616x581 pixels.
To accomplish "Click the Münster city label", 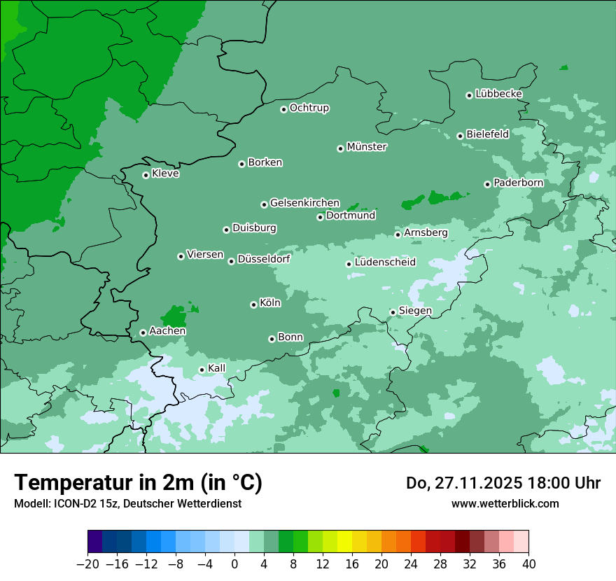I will [367, 147].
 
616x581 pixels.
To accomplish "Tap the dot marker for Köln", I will [253, 304].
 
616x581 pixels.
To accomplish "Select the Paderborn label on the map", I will [518, 183].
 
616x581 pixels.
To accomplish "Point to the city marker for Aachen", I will [143, 332].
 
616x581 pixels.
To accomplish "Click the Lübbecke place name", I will [498, 94].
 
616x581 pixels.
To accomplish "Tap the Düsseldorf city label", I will [264, 259].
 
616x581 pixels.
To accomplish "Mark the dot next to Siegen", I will [393, 312].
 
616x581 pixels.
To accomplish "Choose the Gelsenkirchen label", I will [304, 203].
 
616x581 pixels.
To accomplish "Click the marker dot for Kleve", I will [146, 175].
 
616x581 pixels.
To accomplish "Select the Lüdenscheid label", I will [385, 262].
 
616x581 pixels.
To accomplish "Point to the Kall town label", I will [217, 368].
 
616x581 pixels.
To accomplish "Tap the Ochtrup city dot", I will [283, 109].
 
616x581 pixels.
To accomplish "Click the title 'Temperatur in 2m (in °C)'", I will [138, 483].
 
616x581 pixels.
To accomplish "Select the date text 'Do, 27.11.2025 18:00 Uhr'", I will [503, 483].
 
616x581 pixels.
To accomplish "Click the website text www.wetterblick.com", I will [505, 503].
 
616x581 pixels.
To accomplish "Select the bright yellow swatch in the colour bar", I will [344, 541].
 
